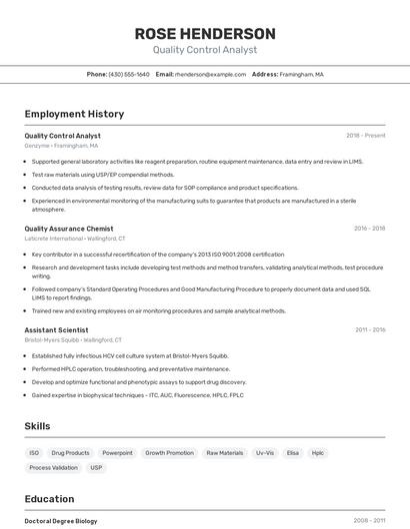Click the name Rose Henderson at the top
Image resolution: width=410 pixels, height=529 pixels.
click(x=205, y=33)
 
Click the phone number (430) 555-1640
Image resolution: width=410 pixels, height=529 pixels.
click(x=129, y=74)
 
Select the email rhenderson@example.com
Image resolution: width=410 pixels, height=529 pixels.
click(x=210, y=74)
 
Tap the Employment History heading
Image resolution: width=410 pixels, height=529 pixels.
click(x=74, y=114)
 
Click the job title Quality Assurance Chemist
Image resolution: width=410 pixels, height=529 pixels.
click(x=69, y=229)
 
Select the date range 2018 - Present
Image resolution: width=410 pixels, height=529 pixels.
click(x=365, y=135)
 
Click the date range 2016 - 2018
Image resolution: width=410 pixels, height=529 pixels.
click(x=369, y=229)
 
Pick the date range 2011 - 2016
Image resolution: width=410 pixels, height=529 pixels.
click(x=369, y=329)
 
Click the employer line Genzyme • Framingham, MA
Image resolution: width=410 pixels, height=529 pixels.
click(x=61, y=146)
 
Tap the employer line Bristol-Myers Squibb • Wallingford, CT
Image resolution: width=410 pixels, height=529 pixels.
click(x=75, y=339)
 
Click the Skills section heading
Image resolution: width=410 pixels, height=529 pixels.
click(x=38, y=426)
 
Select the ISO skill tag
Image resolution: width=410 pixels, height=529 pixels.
click(x=34, y=453)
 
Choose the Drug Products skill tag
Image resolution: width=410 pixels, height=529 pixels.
click(x=70, y=453)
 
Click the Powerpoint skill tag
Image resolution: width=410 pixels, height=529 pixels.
click(x=117, y=453)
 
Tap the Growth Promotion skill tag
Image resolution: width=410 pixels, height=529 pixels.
click(x=169, y=453)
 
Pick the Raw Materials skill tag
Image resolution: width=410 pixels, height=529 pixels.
click(x=224, y=453)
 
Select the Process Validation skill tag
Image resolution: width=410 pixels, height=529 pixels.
click(x=53, y=467)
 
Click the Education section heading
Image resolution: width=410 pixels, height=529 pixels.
click(x=49, y=499)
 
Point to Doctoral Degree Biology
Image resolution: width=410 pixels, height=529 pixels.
click(x=61, y=521)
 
